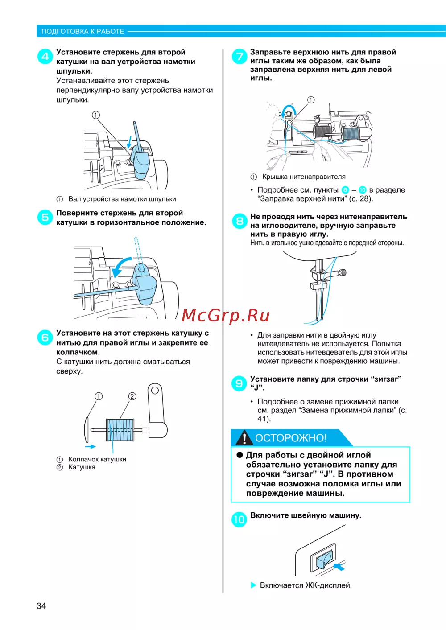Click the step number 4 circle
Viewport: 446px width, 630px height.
(x=45, y=57)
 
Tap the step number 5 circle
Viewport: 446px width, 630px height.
(x=45, y=218)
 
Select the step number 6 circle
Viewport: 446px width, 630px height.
(x=45, y=338)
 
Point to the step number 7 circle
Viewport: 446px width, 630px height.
(x=240, y=56)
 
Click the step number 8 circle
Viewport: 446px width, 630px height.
(x=240, y=221)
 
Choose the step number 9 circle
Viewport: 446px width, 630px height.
(x=239, y=383)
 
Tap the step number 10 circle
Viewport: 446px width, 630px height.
(x=239, y=519)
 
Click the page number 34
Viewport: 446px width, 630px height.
(x=41, y=606)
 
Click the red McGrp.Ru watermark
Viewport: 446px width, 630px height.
(x=226, y=316)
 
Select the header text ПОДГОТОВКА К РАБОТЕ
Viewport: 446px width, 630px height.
(x=83, y=31)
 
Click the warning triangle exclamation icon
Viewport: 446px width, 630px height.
(x=244, y=438)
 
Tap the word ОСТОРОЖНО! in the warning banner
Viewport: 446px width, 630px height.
(x=291, y=438)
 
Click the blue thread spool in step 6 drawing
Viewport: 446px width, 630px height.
(x=120, y=430)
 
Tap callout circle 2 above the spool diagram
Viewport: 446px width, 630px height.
(x=132, y=396)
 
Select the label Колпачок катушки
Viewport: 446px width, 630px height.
(x=97, y=459)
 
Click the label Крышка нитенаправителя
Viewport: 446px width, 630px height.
(x=304, y=177)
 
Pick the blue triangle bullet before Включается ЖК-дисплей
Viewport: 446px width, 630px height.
(x=253, y=585)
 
